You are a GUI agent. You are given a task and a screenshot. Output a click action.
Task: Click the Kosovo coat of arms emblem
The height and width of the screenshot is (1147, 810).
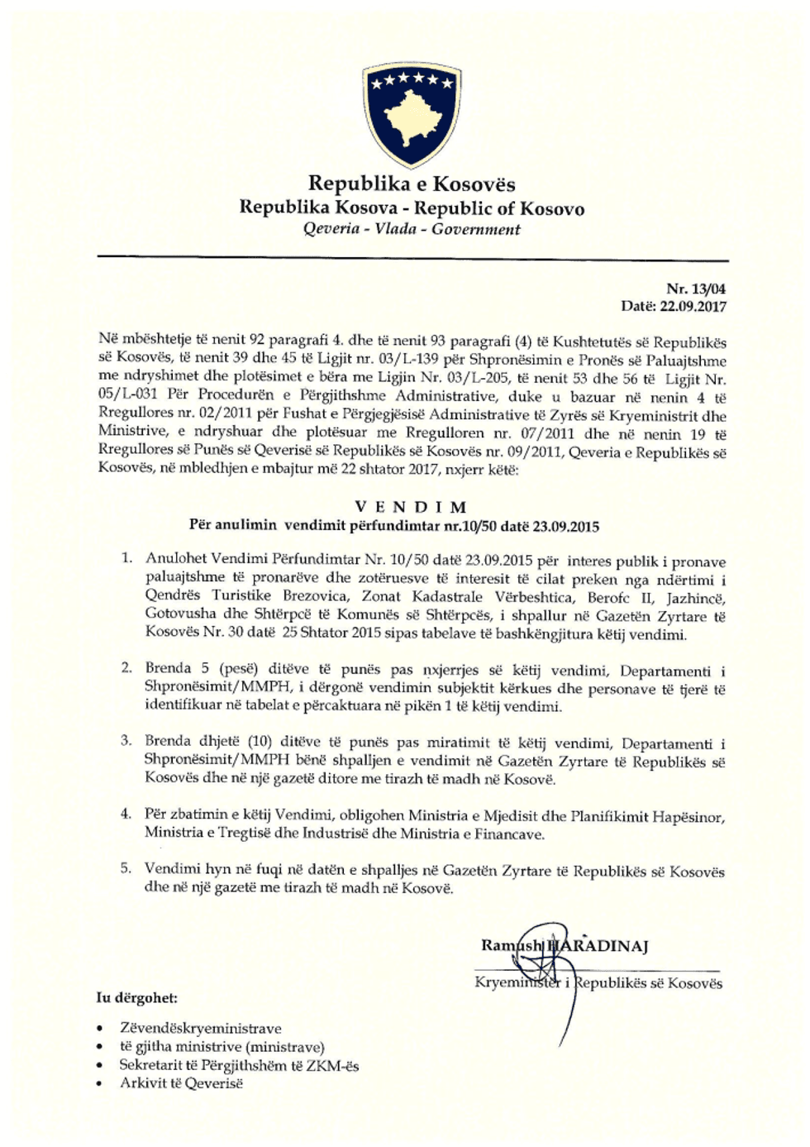tap(412, 115)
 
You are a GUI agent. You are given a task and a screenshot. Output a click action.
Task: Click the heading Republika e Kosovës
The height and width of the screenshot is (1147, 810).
tap(412, 184)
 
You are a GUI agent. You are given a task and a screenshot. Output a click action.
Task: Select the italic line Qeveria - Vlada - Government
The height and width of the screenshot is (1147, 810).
tap(412, 229)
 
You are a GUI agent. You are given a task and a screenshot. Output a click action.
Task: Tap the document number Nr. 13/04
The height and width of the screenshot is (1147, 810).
tap(696, 289)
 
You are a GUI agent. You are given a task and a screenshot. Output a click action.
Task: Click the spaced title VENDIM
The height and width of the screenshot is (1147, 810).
tap(412, 507)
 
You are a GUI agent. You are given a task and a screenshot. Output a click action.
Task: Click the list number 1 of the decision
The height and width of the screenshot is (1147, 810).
tap(126, 557)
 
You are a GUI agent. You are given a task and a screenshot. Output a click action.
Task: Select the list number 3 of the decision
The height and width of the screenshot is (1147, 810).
tap(126, 740)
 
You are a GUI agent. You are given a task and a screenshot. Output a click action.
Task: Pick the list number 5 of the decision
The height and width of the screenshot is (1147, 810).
tap(126, 867)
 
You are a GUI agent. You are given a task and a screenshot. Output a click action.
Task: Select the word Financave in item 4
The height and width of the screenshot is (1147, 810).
tap(508, 834)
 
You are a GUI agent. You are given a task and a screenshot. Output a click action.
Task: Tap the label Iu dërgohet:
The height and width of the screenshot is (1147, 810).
tap(136, 997)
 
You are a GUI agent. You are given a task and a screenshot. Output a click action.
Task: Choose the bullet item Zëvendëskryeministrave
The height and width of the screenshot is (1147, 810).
tap(201, 1029)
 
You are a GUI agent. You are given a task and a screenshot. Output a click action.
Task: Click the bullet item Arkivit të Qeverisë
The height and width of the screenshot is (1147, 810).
tap(182, 1083)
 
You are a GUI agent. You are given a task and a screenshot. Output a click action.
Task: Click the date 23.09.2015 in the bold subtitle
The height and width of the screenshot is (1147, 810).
tap(566, 526)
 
